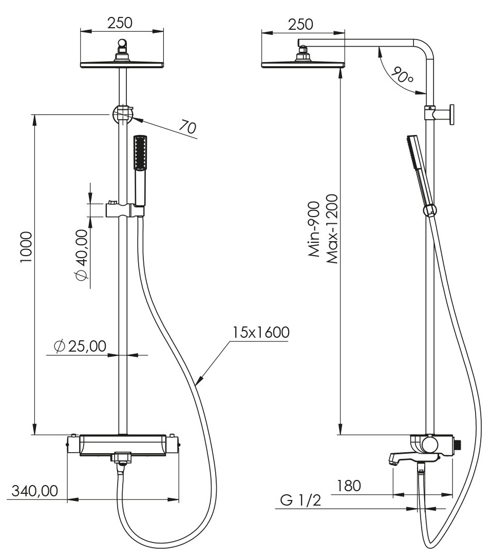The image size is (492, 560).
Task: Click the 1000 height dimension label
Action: pyautogui.click(x=26, y=247)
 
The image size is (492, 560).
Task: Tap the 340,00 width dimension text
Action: pyautogui.click(x=34, y=491)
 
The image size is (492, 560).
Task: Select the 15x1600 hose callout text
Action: pyautogui.click(x=261, y=332)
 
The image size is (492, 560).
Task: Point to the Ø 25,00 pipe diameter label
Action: pyautogui.click(x=80, y=346)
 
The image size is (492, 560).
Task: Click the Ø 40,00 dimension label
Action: pyautogui.click(x=82, y=255)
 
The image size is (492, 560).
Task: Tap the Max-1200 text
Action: pyautogui.click(x=332, y=229)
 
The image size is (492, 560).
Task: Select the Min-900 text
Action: pyautogui.click(x=314, y=229)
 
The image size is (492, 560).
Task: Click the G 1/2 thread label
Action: pyautogui.click(x=300, y=500)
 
